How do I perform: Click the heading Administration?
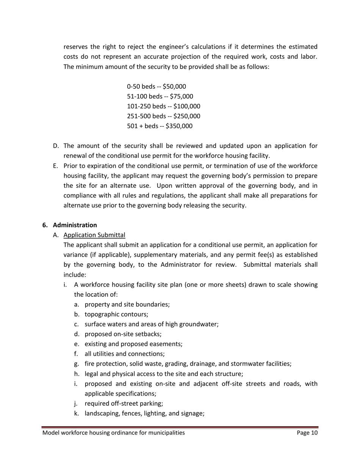pyautogui.click(x=75, y=225)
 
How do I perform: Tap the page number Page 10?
pyautogui.click(x=307, y=433)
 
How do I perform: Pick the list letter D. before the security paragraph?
pyautogui.click(x=56, y=145)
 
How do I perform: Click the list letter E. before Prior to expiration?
pyautogui.click(x=56, y=166)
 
